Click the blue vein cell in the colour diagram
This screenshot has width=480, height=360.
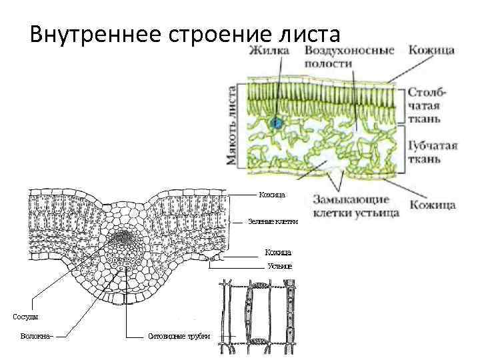(x=276, y=123)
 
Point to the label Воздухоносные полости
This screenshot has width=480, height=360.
(x=348, y=56)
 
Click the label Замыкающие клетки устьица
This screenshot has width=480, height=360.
(x=355, y=206)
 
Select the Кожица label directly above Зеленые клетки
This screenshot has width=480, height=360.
(x=272, y=195)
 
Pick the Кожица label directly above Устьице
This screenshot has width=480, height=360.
(x=278, y=252)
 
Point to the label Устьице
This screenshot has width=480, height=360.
(x=279, y=265)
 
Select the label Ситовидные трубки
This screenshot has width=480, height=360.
(x=179, y=336)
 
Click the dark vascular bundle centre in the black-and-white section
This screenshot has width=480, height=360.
(x=122, y=237)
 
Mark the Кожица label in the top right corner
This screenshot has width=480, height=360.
(x=431, y=50)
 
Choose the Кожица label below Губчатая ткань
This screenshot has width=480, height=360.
(x=432, y=204)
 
